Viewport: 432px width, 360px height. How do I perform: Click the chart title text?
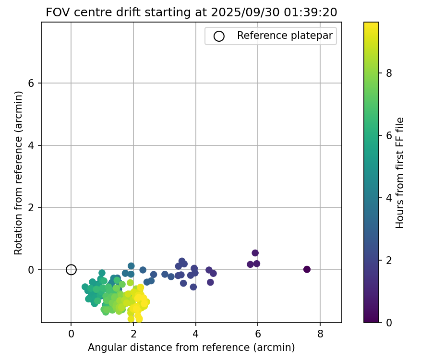pyautogui.click(x=192, y=12)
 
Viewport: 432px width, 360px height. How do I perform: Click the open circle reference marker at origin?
pyautogui.click(x=71, y=270)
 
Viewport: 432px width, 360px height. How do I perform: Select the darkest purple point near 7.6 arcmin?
pyautogui.click(x=307, y=269)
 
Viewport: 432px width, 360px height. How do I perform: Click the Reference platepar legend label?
pyautogui.click(x=285, y=36)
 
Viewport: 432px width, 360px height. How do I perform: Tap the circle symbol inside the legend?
pyautogui.click(x=219, y=36)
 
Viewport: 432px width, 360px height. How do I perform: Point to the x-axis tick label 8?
pyautogui.click(x=320, y=332)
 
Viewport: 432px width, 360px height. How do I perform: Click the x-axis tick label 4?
pyautogui.click(x=195, y=332)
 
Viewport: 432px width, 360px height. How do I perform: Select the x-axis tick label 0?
pyautogui.click(x=71, y=332)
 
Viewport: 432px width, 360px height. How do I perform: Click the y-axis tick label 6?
pyautogui.click(x=32, y=83)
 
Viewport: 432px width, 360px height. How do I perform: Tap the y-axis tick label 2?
pyautogui.click(x=32, y=208)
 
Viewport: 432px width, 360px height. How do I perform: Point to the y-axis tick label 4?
pyautogui.click(x=32, y=145)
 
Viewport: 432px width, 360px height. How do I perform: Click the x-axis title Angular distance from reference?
pyautogui.click(x=191, y=347)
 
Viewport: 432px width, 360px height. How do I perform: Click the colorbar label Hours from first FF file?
pyautogui.click(x=399, y=173)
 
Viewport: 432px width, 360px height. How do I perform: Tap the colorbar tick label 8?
pyautogui.click(x=389, y=73)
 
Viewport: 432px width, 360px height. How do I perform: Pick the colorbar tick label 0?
pyautogui.click(x=389, y=323)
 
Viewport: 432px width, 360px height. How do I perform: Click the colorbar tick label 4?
pyautogui.click(x=389, y=198)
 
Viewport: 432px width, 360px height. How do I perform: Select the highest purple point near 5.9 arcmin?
pyautogui.click(x=255, y=253)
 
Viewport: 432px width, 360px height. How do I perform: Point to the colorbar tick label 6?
pyautogui.click(x=389, y=135)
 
